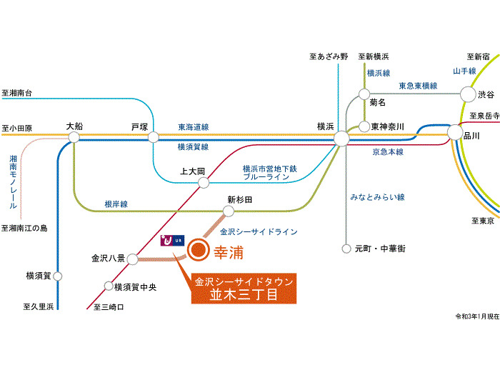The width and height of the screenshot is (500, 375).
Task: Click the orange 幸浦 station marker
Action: tap(198, 250)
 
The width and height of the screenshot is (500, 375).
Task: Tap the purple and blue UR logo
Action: tap(172, 240)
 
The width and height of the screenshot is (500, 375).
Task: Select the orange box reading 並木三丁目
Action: tap(244, 289)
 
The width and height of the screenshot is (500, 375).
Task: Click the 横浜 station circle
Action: tap(341, 139)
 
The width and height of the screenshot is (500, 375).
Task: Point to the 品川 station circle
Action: tap(455, 132)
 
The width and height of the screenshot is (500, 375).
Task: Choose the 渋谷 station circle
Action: tap(468, 94)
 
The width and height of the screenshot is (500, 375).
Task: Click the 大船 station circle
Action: tap(74, 137)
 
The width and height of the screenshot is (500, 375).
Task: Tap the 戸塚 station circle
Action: tap(154, 137)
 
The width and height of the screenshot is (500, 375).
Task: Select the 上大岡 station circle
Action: tap(204, 183)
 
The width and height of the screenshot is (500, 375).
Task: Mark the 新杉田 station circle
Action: tap(229, 211)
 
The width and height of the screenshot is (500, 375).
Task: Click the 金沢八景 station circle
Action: tap(133, 259)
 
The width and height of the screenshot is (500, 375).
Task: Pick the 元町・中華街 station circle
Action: tap(346, 249)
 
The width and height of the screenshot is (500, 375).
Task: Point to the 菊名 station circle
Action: tap(364, 94)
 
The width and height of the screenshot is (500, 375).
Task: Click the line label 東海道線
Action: tap(194, 127)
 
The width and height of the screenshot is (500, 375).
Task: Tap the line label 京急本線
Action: tap(388, 151)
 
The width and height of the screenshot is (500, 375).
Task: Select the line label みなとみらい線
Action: tap(378, 197)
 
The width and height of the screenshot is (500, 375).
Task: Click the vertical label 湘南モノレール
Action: tap(13, 181)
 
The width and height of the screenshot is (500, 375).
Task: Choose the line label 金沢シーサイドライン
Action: tap(259, 232)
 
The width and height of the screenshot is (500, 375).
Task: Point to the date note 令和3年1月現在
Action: tap(477, 316)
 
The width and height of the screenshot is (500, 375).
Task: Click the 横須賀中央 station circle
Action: tap(109, 286)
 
